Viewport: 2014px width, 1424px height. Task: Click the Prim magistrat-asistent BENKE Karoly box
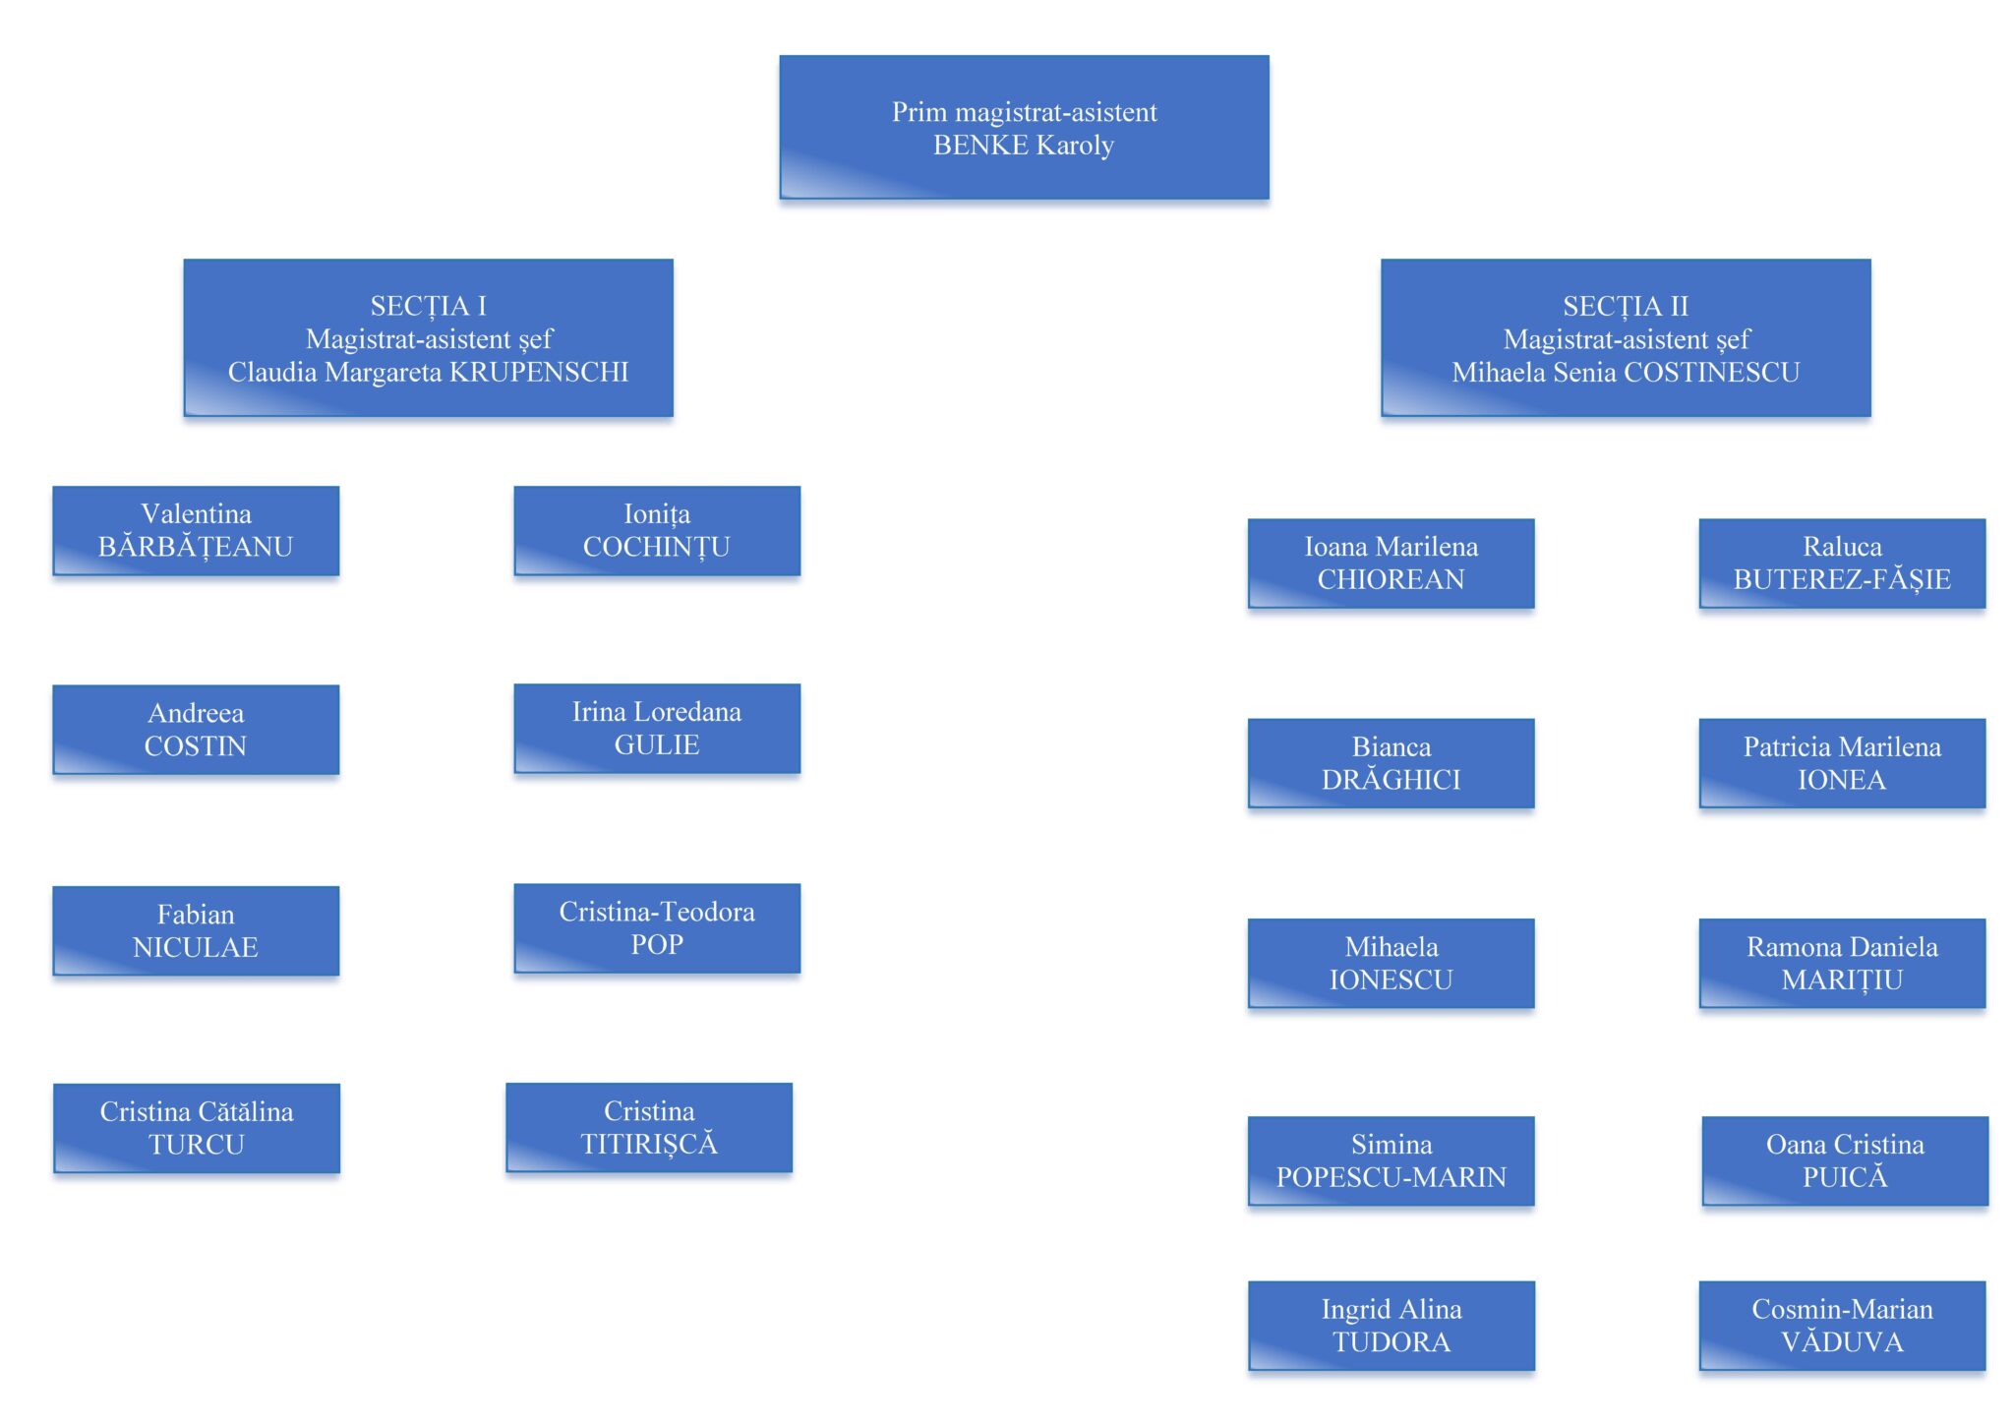(x=1024, y=128)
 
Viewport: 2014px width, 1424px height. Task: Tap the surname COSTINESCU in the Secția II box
(x=1711, y=373)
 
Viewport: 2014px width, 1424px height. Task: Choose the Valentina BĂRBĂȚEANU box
(x=196, y=531)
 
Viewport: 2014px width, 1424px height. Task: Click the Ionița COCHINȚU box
(x=657, y=531)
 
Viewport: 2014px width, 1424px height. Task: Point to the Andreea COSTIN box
(x=196, y=730)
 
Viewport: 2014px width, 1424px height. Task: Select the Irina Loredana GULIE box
(x=657, y=729)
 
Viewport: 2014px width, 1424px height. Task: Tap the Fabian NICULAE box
(x=196, y=930)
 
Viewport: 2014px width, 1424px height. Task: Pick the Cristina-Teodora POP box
(x=657, y=928)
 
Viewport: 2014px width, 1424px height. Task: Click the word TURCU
(x=197, y=1145)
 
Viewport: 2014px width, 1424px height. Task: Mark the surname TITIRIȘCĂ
(x=649, y=1144)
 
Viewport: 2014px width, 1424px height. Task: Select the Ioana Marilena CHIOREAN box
(x=1391, y=564)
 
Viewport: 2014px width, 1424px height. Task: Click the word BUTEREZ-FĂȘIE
(x=1842, y=580)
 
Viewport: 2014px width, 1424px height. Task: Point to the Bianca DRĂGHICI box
(x=1391, y=763)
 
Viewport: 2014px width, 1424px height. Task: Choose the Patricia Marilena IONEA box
(x=1842, y=763)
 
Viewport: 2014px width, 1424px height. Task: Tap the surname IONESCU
(x=1391, y=980)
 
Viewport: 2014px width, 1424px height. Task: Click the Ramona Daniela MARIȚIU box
(x=1842, y=964)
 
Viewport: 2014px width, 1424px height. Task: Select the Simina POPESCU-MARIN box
(x=1391, y=1161)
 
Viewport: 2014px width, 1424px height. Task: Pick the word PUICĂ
(x=1845, y=1178)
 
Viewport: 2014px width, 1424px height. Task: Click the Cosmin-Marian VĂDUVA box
(x=1842, y=1326)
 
